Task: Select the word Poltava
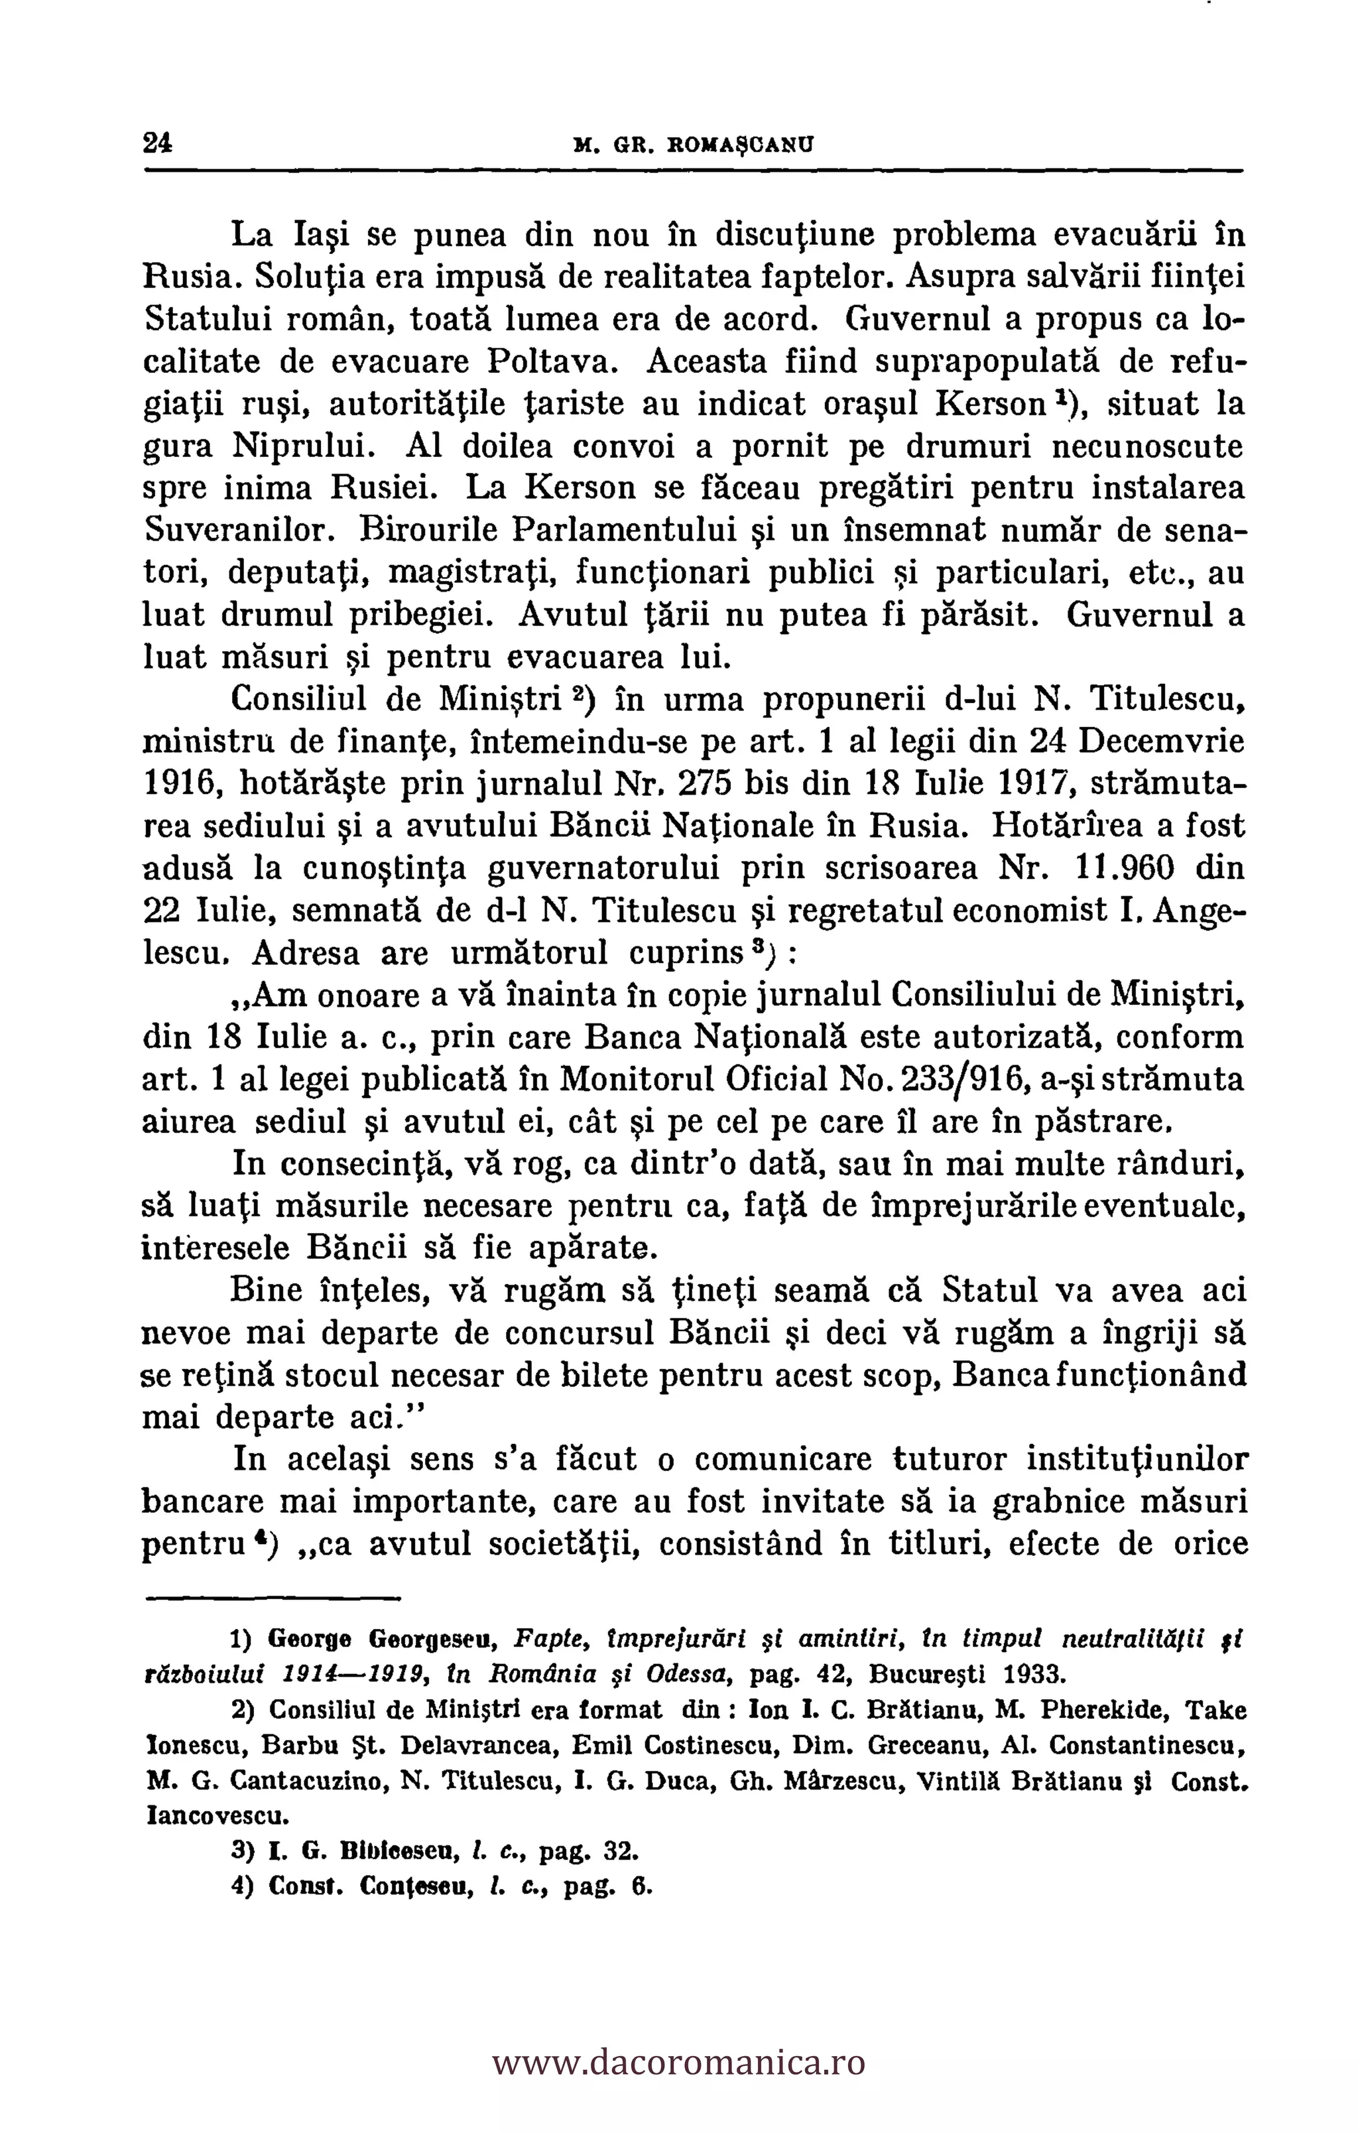pyautogui.click(x=548, y=361)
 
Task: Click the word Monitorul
pyautogui.click(x=652, y=1079)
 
